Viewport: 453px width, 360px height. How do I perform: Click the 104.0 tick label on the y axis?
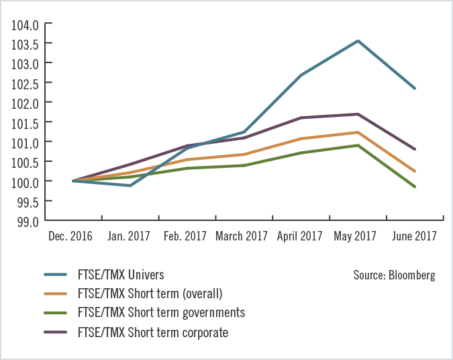[x=26, y=24]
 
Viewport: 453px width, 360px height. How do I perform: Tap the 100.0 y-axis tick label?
[x=26, y=182]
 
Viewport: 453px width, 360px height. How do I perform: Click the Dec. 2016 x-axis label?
[x=70, y=236]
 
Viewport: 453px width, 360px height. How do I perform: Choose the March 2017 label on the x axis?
[x=242, y=236]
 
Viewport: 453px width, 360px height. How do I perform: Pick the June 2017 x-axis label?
[x=414, y=236]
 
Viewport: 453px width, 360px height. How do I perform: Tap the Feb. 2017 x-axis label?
[x=185, y=236]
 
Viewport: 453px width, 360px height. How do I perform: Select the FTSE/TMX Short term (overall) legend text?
[x=150, y=294]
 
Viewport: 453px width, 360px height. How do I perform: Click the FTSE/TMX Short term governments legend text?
[x=161, y=312]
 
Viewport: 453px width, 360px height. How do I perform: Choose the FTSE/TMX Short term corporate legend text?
[x=153, y=332]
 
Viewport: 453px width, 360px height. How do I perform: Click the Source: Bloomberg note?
[x=394, y=275]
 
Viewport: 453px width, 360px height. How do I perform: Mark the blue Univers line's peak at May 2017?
[x=358, y=41]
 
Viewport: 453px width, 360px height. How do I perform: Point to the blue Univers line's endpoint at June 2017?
[x=415, y=89]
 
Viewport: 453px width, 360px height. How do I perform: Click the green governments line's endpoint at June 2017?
[x=415, y=187]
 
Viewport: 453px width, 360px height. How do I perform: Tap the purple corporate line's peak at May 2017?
[x=358, y=114]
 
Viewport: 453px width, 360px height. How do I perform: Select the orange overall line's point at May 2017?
[x=358, y=132]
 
